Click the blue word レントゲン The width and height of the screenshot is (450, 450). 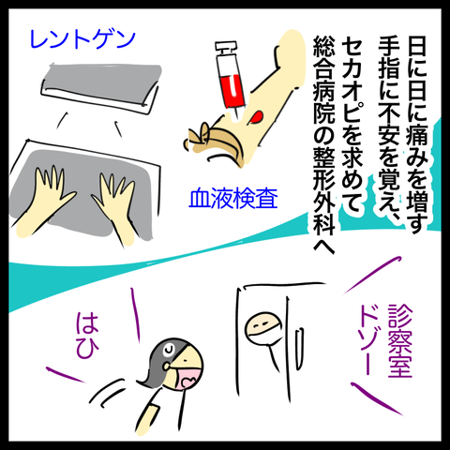[82, 39]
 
